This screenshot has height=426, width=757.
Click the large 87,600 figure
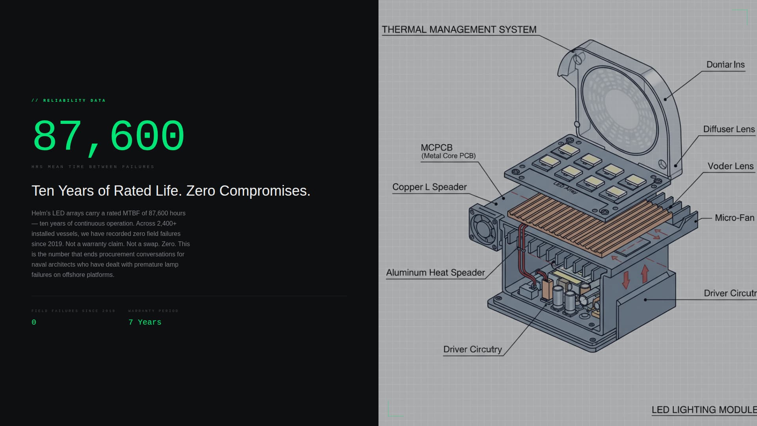point(108,136)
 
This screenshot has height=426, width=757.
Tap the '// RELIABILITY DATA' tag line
point(69,101)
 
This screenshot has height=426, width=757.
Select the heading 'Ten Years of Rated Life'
point(171,191)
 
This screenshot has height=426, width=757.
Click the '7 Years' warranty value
point(145,322)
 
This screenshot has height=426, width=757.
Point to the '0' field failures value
point(34,322)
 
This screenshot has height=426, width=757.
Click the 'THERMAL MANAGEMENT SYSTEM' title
point(459,30)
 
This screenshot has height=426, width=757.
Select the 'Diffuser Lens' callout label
point(729,129)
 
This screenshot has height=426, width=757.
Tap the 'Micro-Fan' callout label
point(734,218)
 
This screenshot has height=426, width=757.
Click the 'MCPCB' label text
point(436,148)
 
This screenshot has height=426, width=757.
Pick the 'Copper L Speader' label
point(429,187)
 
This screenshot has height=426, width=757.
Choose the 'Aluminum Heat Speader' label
point(435,273)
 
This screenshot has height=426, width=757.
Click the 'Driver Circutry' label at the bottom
point(472,349)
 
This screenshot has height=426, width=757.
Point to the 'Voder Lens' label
point(730,166)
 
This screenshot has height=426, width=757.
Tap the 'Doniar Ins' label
point(725,65)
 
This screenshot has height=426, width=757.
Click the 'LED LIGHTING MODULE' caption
point(704,410)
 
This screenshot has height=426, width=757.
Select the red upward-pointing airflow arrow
point(645,274)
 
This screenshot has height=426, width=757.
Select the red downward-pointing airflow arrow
point(626,279)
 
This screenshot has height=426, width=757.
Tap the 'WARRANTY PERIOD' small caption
point(153,311)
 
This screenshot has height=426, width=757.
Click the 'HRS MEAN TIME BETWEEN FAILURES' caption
point(93,167)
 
